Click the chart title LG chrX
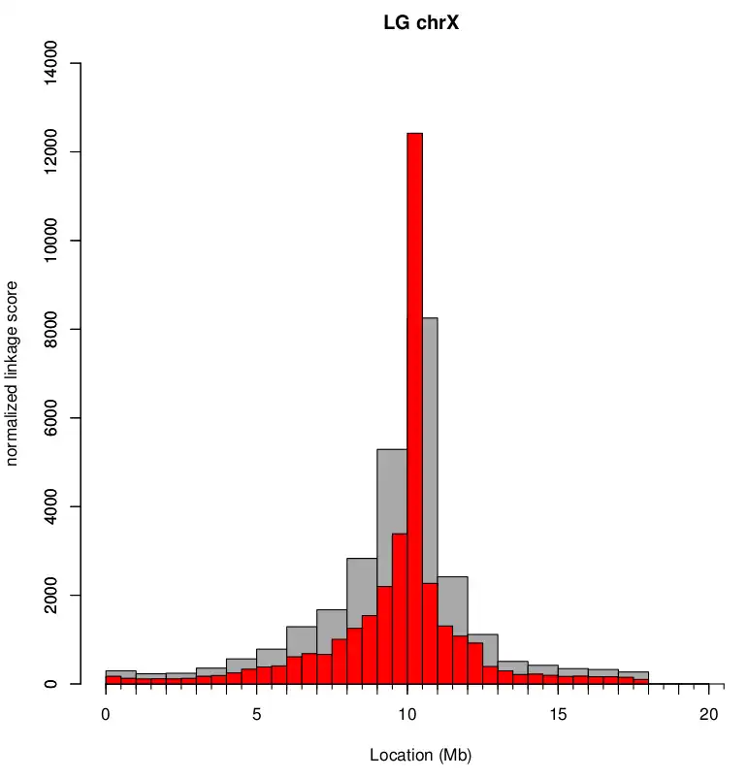coord(420,22)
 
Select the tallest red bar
coord(414,388)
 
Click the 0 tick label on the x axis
coord(106,715)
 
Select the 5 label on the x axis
coord(257,715)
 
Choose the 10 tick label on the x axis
coord(407,715)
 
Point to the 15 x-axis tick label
coord(558,715)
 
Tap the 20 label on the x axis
coord(709,715)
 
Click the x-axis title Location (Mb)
coord(420,755)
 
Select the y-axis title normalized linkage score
coord(13,373)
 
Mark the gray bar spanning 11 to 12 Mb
coord(453,601)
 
